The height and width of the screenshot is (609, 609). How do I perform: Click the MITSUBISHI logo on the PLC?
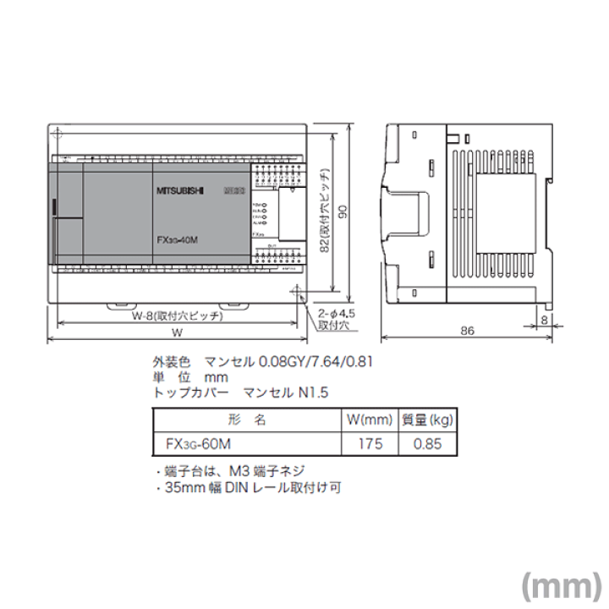pos(180,192)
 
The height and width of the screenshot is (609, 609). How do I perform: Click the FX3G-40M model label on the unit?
pos(177,239)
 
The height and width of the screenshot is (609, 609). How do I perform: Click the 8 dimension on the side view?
pos(544,319)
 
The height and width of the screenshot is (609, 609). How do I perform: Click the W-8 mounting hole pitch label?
pos(177,315)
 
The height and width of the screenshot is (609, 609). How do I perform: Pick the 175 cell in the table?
pos(370,443)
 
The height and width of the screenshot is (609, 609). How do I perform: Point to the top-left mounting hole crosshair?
pos(58,135)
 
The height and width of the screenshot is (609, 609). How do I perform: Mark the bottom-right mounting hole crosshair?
pos(297,293)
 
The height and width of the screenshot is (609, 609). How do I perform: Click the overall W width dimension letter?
pos(177,332)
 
